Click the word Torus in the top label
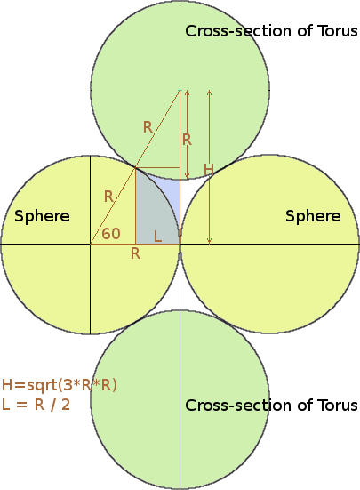pos(337,31)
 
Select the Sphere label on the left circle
pos(42,216)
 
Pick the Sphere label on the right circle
pos(313,216)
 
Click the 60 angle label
pos(111,234)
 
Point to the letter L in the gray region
pos(157,237)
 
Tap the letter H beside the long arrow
pos(209,170)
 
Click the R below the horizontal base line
pos(135,253)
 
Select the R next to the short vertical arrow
pos(187,140)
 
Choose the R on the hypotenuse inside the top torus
pos(148,127)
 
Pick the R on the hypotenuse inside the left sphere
pos(108,197)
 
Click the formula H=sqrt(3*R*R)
pos(60,385)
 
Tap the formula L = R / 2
pos(36,405)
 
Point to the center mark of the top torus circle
pos(180,90)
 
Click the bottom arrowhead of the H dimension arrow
pos(210,241)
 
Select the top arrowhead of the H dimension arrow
pos(210,92)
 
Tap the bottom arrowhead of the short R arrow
pos(187,177)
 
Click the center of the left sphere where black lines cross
pos(91,244)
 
